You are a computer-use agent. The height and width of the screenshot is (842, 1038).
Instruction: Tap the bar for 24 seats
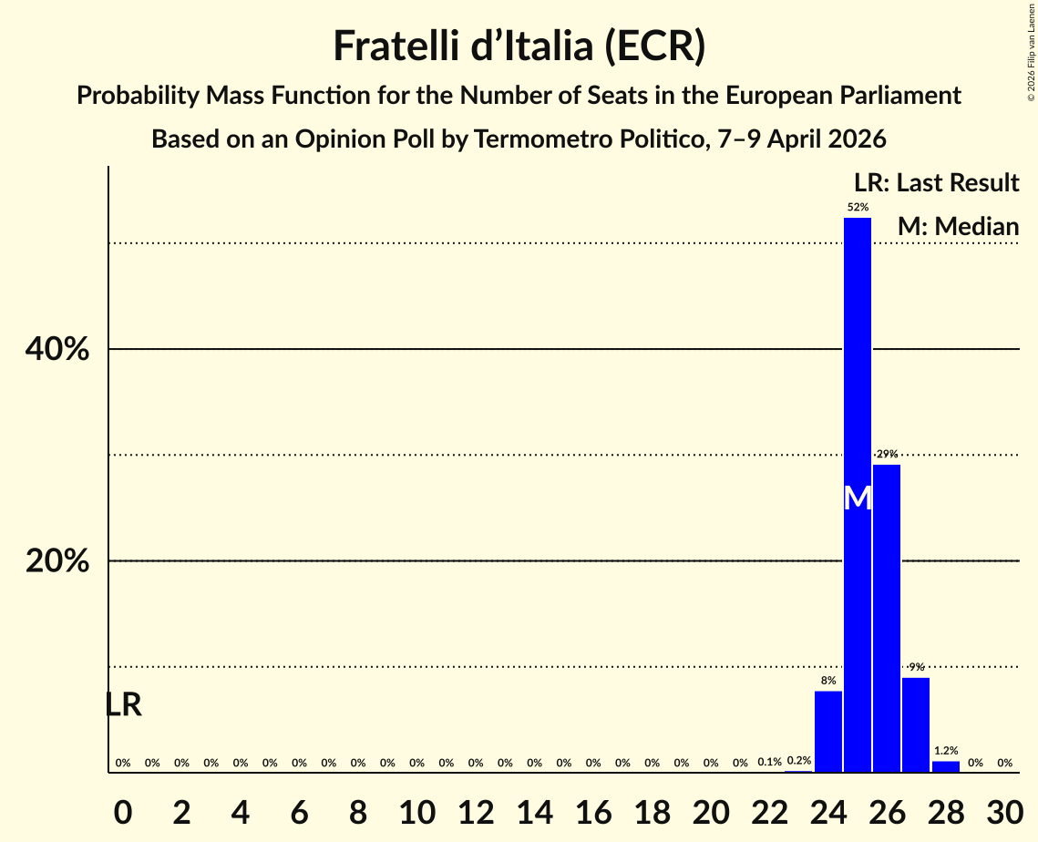tap(828, 731)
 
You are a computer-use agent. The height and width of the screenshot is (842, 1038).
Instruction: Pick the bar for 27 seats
tap(916, 724)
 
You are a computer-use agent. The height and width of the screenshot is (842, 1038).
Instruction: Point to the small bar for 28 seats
tap(946, 766)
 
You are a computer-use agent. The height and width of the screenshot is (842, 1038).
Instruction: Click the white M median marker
tap(858, 498)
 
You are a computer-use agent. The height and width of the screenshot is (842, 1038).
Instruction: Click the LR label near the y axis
tap(123, 704)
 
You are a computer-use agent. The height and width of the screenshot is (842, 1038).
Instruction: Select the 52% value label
tap(858, 208)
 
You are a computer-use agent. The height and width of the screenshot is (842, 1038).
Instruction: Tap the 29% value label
tap(887, 454)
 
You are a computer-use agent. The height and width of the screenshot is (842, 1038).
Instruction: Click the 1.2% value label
tap(946, 751)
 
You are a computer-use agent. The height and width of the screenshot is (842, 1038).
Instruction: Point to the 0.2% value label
tap(799, 761)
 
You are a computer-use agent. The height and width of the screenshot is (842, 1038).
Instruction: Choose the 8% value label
tap(828, 681)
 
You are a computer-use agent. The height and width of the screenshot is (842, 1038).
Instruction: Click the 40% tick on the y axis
tap(57, 349)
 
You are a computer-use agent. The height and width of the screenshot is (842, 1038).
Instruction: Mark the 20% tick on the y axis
tap(57, 561)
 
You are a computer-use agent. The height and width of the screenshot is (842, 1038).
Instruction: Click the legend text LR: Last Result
tap(936, 182)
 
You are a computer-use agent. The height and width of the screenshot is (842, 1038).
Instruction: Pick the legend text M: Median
tap(958, 226)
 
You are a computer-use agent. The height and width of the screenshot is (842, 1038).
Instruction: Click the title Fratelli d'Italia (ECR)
tap(519, 46)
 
